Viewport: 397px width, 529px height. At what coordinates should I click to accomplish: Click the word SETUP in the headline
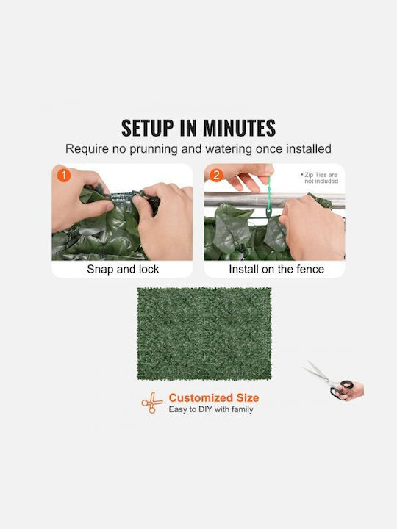pyautogui.click(x=147, y=128)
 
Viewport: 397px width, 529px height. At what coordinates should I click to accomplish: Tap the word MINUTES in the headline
pyautogui.click(x=239, y=128)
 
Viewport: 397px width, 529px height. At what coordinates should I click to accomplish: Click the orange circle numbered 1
pyautogui.click(x=64, y=176)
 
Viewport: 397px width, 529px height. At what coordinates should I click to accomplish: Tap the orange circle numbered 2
pyautogui.click(x=216, y=175)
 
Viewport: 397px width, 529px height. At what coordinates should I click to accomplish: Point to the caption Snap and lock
pyautogui.click(x=123, y=269)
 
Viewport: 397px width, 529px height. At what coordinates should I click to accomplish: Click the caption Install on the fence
pyautogui.click(x=276, y=269)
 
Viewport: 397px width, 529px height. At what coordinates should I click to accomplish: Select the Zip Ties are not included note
pyautogui.click(x=319, y=178)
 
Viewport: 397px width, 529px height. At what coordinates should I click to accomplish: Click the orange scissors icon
pyautogui.click(x=152, y=403)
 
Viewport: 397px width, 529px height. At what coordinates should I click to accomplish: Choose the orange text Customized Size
pyautogui.click(x=214, y=397)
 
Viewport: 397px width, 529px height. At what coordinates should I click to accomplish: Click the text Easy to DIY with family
pyautogui.click(x=211, y=409)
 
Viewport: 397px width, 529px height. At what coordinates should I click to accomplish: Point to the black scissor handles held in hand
pyautogui.click(x=341, y=389)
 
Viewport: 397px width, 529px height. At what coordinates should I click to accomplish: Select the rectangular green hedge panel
pyautogui.click(x=204, y=334)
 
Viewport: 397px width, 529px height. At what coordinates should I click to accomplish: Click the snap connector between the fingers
pyautogui.click(x=122, y=196)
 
